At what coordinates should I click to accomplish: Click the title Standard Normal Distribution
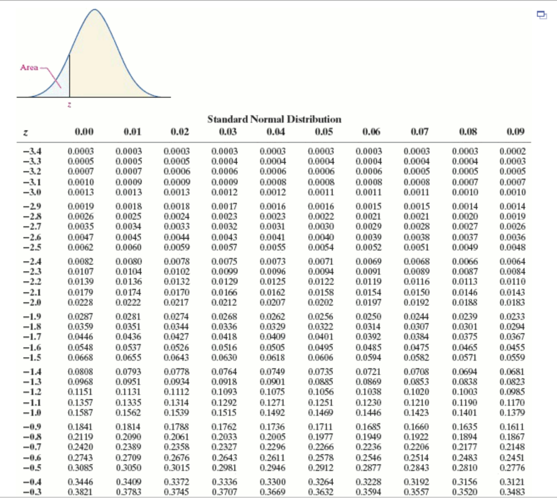(274, 119)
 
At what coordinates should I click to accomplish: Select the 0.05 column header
(324, 132)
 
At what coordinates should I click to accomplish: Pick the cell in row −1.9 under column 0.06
(368, 317)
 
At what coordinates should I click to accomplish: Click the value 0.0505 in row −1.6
(272, 347)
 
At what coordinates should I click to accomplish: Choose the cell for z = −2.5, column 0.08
(465, 247)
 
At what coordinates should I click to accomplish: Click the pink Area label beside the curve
(29, 68)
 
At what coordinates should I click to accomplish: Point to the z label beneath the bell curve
(69, 104)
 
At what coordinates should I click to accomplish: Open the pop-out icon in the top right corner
(542, 15)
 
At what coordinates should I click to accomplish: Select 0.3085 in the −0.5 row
(80, 468)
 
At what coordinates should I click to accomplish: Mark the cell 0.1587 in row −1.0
(80, 412)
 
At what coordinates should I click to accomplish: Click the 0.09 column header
(515, 132)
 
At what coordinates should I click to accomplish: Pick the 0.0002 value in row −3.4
(512, 151)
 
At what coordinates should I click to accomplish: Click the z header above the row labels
(25, 133)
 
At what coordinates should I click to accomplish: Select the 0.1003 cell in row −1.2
(465, 392)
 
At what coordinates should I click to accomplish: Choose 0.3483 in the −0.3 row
(512, 492)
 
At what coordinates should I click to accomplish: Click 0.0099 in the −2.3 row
(224, 271)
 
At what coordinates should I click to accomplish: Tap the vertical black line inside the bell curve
(69, 75)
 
